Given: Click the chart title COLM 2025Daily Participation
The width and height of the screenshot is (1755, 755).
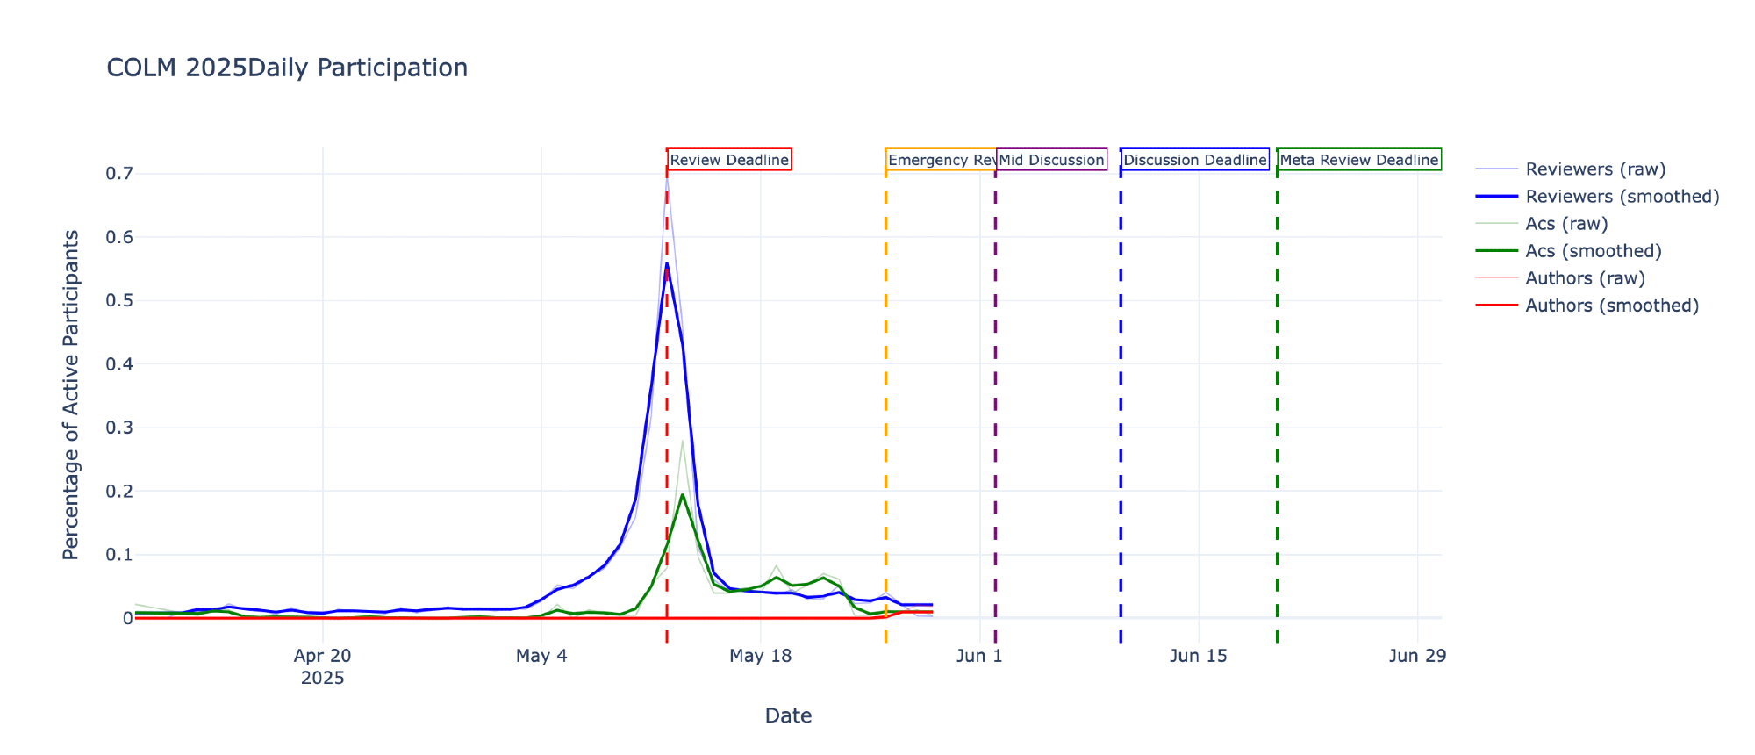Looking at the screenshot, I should point(287,68).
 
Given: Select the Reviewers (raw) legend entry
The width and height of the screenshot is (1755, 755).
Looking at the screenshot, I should point(1594,169).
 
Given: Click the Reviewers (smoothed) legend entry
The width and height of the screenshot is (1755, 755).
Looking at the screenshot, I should point(1622,197).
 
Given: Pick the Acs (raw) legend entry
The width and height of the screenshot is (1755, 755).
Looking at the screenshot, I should point(1566,224).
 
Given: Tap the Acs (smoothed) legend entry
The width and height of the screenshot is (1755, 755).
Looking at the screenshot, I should point(1593,251).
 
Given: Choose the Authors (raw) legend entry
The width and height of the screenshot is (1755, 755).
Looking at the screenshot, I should point(1585,278).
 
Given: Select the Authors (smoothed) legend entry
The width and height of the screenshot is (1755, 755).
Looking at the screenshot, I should point(1612,306).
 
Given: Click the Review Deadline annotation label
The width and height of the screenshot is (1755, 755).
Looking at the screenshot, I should point(729,160).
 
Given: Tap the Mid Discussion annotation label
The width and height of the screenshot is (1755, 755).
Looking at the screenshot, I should point(1051,160).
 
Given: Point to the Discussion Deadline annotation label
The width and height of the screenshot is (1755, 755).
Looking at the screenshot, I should point(1194,160).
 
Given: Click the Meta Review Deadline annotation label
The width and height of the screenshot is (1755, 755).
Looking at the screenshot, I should point(1358,160).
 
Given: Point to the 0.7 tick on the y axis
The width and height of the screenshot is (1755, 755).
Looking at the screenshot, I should point(119,174).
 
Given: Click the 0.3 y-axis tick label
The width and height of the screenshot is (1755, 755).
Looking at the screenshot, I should point(119,428).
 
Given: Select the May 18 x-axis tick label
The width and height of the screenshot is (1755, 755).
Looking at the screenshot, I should point(760,656).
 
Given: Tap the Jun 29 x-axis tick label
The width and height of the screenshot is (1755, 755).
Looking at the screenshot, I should point(1417,656).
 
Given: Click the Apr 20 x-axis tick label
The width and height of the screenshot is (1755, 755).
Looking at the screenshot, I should point(323,656).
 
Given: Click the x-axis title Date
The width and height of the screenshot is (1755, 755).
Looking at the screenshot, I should point(788,715).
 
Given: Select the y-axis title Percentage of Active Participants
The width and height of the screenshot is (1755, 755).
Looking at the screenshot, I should point(71,395).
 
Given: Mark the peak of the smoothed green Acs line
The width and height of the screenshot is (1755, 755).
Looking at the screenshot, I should point(682,494).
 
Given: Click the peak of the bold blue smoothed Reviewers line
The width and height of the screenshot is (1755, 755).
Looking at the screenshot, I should point(667,263).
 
